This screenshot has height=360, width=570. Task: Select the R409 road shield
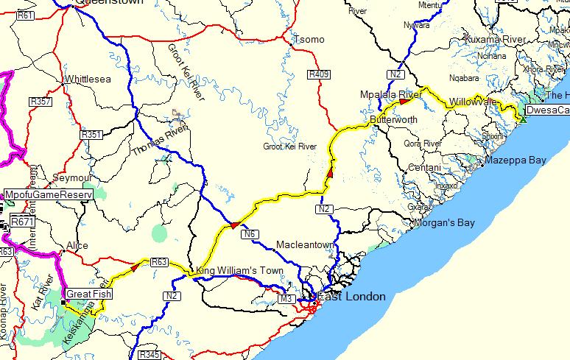pyautogui.click(x=319, y=74)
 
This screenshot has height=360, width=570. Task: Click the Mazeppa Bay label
pyautogui.click(x=515, y=160)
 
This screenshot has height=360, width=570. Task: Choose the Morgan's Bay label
pyautogui.click(x=444, y=222)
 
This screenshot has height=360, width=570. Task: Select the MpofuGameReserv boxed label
pyautogui.click(x=48, y=194)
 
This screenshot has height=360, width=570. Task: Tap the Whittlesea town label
pyautogui.click(x=89, y=79)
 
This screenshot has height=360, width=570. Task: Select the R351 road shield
pyautogui.click(x=91, y=135)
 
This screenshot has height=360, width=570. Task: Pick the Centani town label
pyautogui.click(x=425, y=169)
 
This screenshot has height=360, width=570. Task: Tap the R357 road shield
pyautogui.click(x=41, y=102)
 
